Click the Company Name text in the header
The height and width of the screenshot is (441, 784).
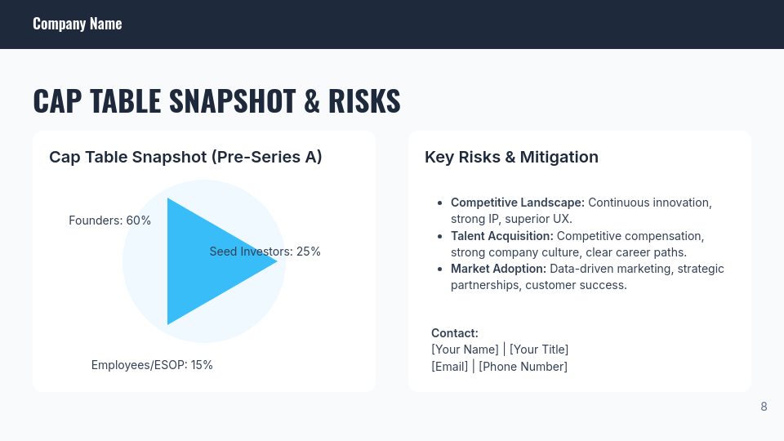tap(77, 24)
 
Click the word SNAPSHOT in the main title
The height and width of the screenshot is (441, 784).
tap(232, 100)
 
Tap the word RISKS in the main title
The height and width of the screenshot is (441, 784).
tap(364, 100)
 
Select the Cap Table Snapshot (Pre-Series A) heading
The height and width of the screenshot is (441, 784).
tap(185, 157)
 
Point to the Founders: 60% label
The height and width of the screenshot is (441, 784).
tap(109, 220)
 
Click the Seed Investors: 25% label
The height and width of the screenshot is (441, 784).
tap(265, 252)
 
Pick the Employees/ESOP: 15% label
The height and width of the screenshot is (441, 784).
tap(152, 365)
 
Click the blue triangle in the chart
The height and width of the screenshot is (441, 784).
tap(204, 261)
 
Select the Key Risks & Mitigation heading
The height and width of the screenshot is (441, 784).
tap(511, 157)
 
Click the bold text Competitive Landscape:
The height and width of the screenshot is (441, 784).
tap(517, 203)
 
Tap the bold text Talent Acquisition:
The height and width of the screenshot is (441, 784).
tap(501, 236)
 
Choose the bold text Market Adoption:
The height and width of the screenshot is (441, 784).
tap(498, 269)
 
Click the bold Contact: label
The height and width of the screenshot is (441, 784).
tap(454, 333)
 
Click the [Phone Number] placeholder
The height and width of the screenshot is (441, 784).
tap(523, 367)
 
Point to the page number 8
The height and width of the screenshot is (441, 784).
tap(764, 407)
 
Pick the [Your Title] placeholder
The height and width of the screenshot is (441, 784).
tap(539, 350)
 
